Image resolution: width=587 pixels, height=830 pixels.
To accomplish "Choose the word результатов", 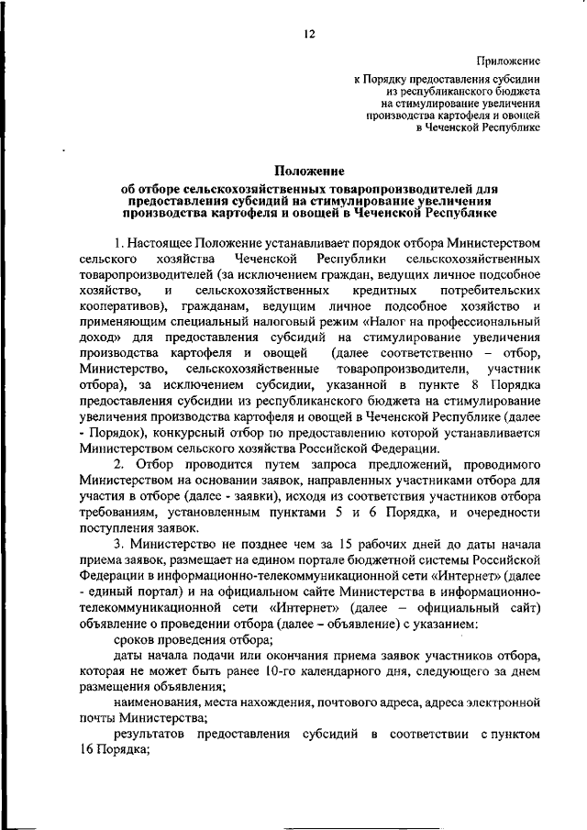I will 157,734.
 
